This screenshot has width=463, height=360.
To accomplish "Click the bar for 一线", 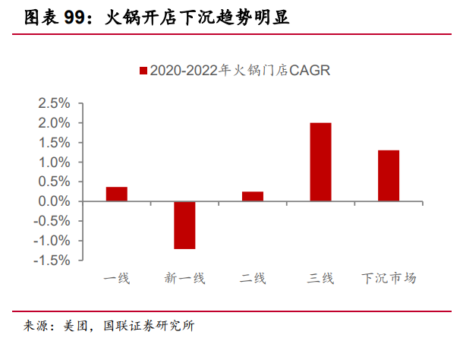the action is coord(117,194).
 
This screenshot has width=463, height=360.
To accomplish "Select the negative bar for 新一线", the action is coord(184,226).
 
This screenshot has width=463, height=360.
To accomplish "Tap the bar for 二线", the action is coord(253,196).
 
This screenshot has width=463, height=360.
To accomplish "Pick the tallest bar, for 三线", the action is coord(320,162).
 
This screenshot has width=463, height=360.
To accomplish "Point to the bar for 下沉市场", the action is coord(389,175).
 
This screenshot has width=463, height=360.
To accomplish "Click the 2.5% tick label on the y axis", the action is coord(54,103).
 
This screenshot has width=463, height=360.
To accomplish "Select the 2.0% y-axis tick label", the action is coord(54,123).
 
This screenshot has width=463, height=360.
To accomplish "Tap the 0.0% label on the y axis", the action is coord(54,201).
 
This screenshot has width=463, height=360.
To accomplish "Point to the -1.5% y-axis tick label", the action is coord(52,261).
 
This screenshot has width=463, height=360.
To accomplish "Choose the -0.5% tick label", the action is coord(52,221).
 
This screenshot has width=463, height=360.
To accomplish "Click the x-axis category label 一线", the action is coord(117,278).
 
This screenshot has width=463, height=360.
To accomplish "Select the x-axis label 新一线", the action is coord(184,278).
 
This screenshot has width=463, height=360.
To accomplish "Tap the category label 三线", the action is coord(320,278).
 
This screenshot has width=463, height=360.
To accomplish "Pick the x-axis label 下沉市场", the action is coord(389,278).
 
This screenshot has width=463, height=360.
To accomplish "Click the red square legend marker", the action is coord(143,71).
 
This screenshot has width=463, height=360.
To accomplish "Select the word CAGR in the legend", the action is coord(310,71).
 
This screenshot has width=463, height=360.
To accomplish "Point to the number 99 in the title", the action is coord(74,17).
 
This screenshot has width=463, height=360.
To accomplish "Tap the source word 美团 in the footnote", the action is coord(76,326).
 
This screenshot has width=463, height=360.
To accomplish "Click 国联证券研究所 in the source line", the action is coord(149,326).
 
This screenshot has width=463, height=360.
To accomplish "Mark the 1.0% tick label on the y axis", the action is coord(54,162).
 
